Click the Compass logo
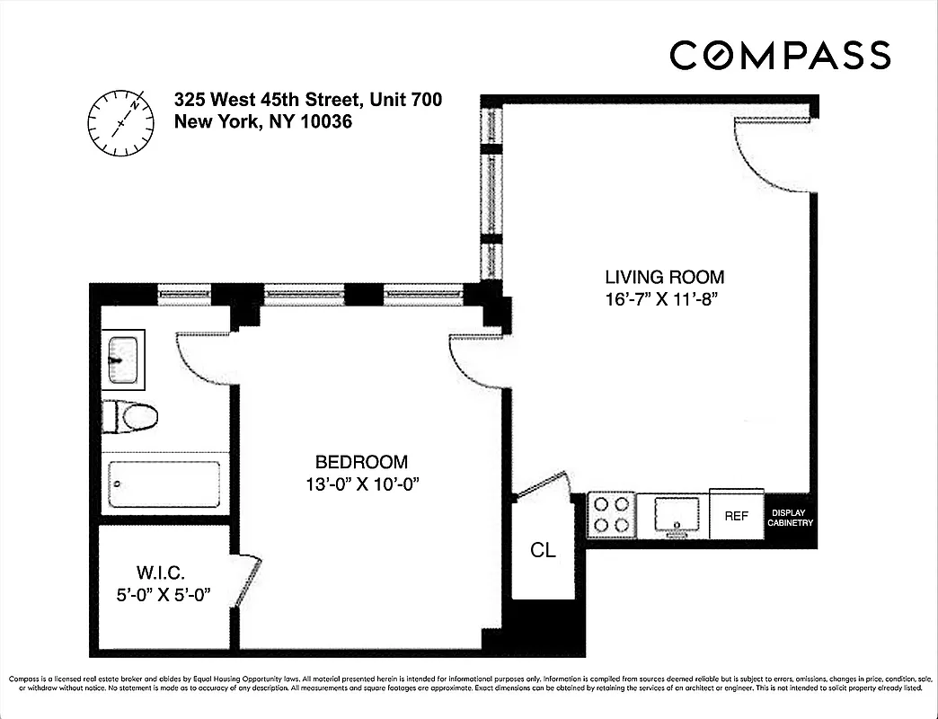coord(780,56)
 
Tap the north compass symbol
coord(118,121)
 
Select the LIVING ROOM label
coord(664,278)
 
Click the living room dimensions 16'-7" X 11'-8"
coord(664,300)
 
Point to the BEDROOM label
coord(361,462)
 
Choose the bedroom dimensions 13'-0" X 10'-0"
coord(361,484)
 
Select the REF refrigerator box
coord(737,516)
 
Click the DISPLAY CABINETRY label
coord(792,518)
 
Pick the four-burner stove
coord(611,516)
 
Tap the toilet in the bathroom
coord(130,416)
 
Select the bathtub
coord(164,485)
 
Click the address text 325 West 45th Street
coord(307,100)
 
